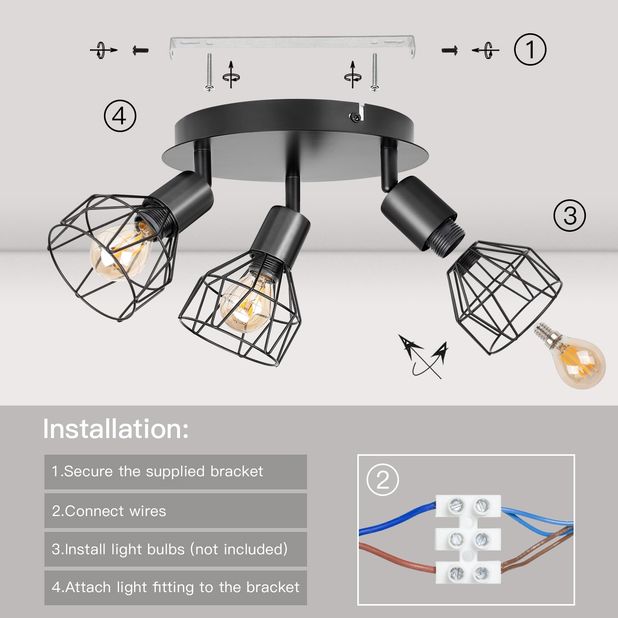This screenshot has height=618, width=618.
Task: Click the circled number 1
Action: (x=530, y=49)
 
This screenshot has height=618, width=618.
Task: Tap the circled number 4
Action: (x=120, y=115)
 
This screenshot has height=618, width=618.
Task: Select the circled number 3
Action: (x=569, y=215)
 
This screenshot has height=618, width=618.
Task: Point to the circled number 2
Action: (x=382, y=480)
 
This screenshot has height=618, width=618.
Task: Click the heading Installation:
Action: (x=116, y=429)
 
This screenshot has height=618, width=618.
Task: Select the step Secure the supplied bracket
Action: (x=157, y=471)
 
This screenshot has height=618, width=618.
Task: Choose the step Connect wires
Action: (x=109, y=511)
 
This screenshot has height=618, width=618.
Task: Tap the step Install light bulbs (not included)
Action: (x=170, y=549)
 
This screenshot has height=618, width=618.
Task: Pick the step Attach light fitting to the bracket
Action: (x=176, y=587)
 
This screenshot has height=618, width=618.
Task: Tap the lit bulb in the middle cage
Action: (x=245, y=299)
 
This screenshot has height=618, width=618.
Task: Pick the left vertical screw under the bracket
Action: (x=209, y=72)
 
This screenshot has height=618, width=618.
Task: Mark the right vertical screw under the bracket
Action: (x=374, y=72)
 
